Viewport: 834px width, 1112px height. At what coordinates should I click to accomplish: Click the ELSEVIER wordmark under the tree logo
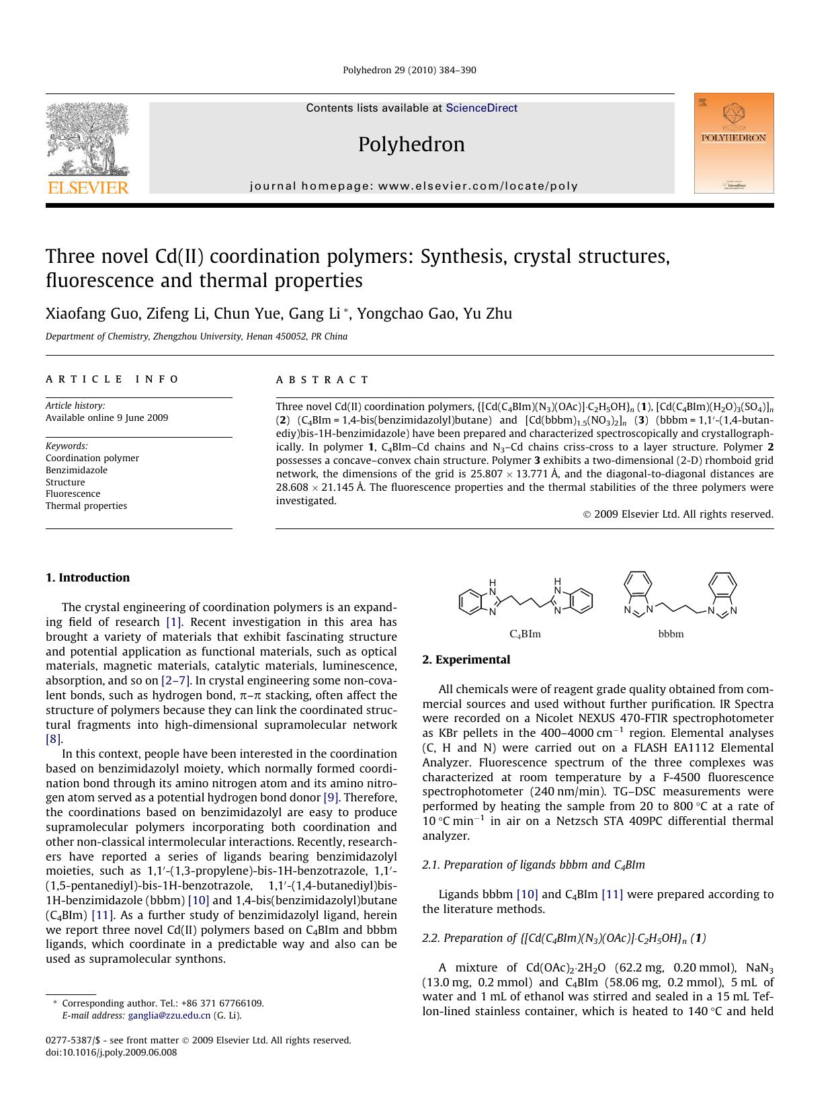(87, 188)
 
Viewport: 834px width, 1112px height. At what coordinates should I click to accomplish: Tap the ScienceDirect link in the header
(481, 108)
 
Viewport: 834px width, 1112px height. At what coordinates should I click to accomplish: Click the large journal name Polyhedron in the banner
(411, 145)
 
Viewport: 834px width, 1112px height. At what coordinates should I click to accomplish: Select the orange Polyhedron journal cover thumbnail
(733, 143)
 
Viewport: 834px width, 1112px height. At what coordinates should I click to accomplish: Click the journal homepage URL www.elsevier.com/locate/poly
(478, 186)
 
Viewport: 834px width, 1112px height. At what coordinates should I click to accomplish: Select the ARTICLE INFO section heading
(112, 379)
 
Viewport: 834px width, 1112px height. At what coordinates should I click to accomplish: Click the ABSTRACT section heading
(322, 380)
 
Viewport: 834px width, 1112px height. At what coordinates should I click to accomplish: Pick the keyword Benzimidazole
(76, 470)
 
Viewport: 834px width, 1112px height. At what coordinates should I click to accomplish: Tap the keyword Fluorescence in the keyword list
(73, 493)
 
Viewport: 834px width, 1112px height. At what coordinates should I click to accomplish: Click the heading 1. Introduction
(87, 578)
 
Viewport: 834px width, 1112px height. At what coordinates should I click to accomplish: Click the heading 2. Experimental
(466, 660)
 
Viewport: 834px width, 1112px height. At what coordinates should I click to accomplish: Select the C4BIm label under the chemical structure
(525, 634)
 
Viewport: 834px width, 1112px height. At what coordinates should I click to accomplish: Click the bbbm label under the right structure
(671, 634)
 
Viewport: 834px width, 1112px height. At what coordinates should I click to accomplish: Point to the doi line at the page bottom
(111, 1052)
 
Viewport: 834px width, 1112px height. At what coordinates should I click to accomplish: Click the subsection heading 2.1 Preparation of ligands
(533, 865)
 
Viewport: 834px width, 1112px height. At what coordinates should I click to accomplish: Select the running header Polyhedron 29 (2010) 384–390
(409, 70)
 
